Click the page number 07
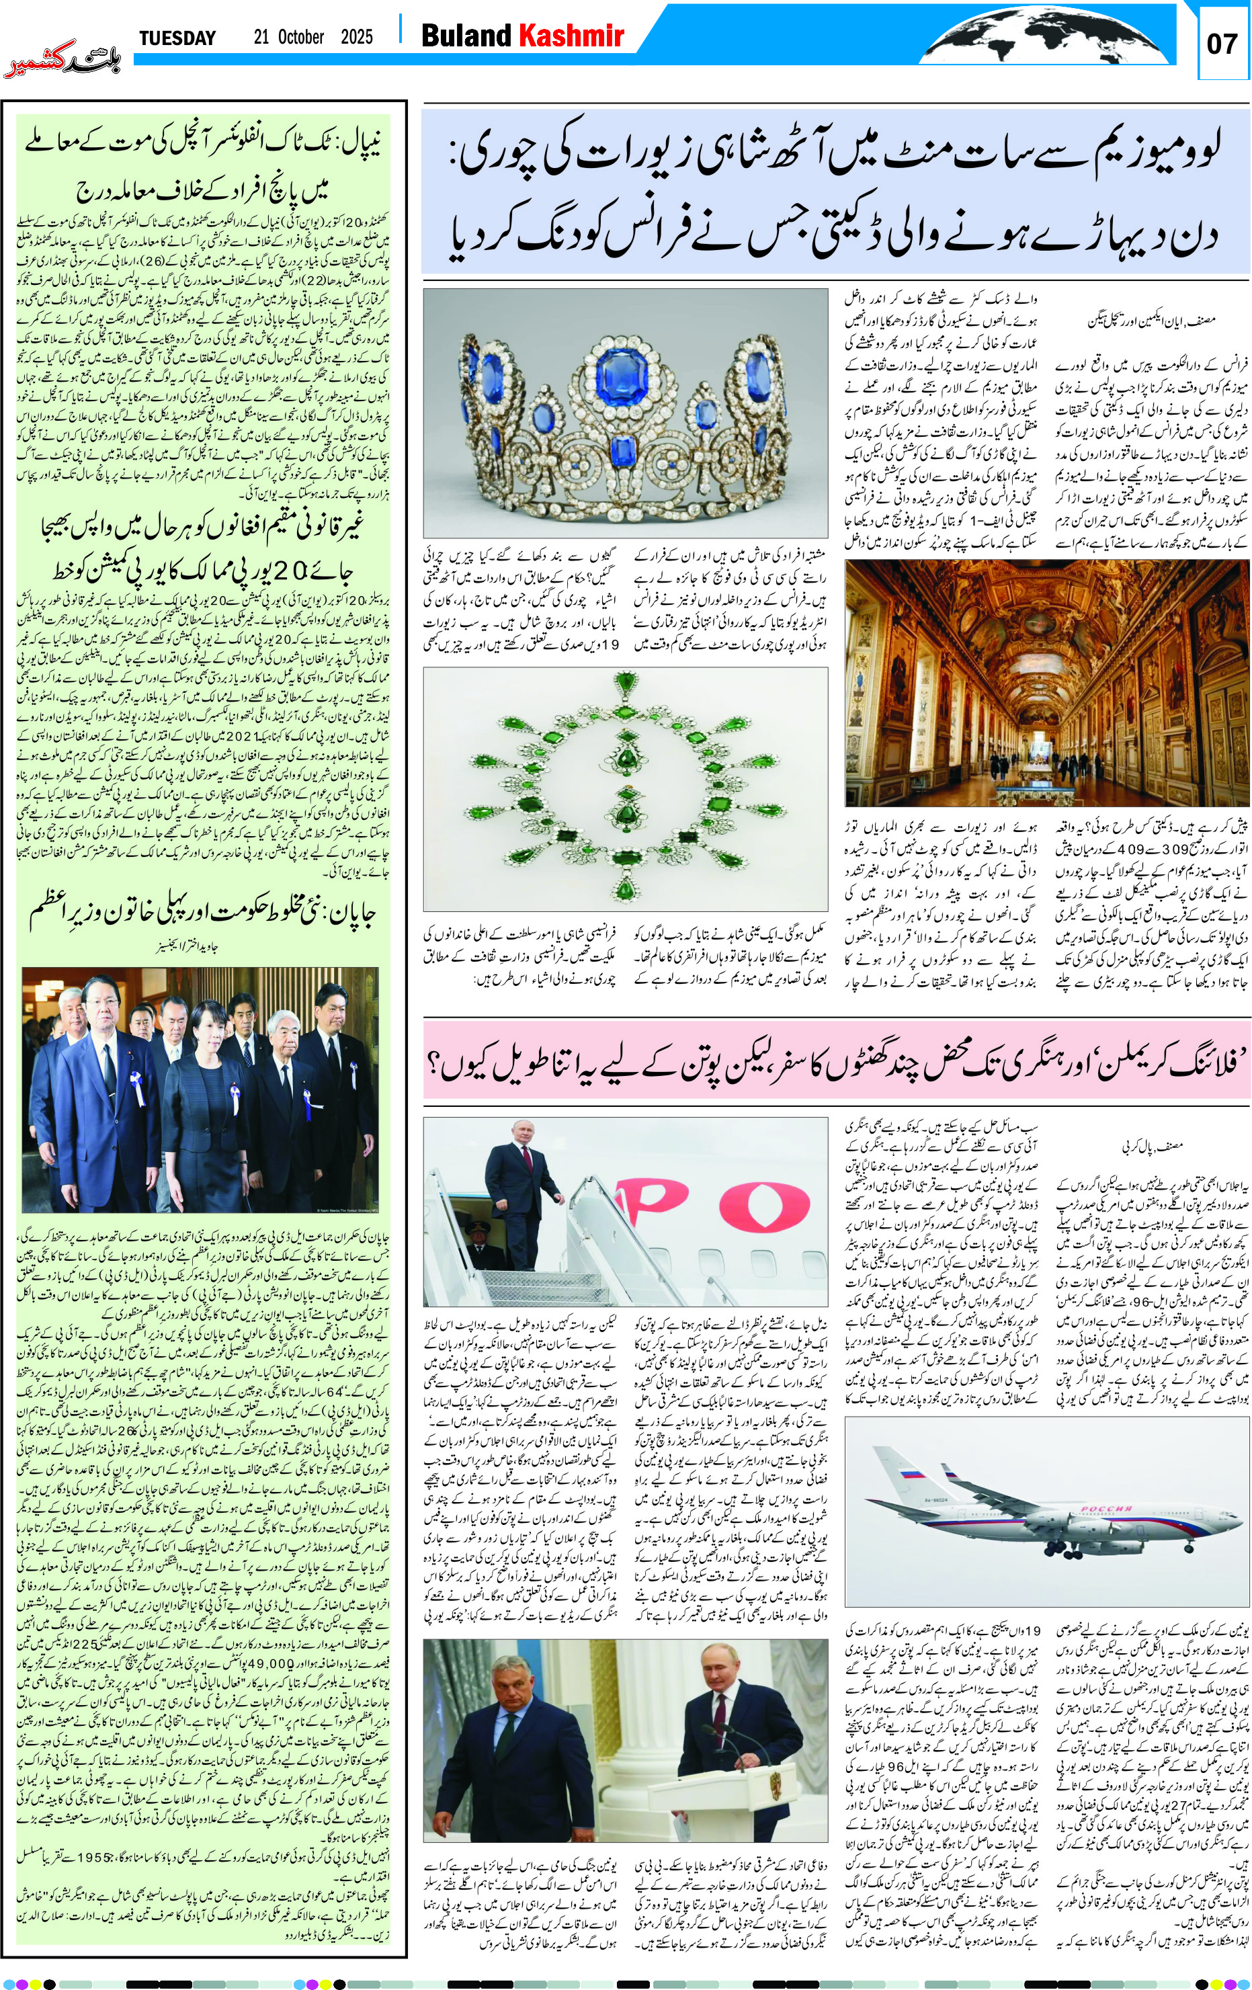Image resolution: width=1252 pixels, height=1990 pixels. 1222,43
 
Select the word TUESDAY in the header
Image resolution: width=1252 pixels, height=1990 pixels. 177,38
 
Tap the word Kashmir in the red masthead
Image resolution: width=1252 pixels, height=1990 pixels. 570,36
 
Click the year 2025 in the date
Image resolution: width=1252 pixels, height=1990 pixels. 356,37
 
